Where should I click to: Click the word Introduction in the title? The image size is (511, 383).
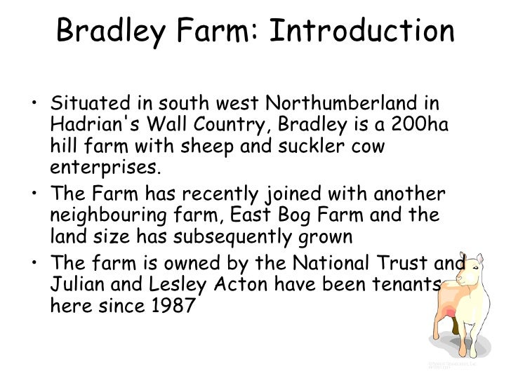point(362,32)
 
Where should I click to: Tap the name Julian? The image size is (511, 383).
point(76,285)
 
